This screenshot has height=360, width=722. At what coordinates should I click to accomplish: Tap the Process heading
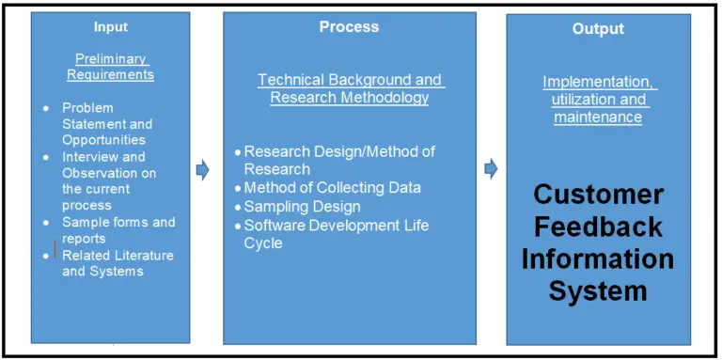349,27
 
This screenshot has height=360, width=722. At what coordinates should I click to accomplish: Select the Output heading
598,29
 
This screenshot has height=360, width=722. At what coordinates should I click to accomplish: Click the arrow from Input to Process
202,170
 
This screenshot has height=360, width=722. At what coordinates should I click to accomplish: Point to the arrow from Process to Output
490,169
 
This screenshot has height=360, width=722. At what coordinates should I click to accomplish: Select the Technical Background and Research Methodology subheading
350,88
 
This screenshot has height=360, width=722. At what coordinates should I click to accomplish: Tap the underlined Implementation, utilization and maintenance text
599,100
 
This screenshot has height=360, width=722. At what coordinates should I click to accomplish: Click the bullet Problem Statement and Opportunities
107,124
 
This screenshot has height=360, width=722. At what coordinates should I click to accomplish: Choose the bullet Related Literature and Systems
118,263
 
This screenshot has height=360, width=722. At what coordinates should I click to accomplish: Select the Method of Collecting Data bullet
332,188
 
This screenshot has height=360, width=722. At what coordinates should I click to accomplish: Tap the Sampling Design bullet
302,207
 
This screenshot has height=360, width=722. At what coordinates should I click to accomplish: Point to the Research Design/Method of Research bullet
338,160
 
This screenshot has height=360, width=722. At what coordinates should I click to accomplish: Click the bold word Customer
599,196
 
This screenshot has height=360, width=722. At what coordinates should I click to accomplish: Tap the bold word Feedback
598,227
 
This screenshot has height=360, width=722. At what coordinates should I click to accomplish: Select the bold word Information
598,258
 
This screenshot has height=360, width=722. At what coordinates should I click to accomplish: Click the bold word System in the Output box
598,290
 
